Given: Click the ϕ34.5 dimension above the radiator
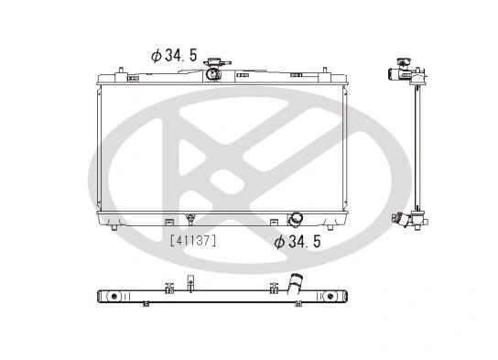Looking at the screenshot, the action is [174, 56].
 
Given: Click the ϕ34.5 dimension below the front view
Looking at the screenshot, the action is [298, 242].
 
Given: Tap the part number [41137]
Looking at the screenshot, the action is [193, 241].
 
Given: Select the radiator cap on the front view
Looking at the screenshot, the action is [217, 62].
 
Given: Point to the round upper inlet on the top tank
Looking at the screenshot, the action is [212, 74].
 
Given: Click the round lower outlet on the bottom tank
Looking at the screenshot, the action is [295, 219].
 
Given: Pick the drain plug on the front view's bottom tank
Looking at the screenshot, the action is [190, 219].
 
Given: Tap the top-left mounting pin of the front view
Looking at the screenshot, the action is [121, 71].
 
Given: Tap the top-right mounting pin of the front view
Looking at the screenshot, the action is [325, 71].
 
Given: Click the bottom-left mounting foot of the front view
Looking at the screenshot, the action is [114, 227].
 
